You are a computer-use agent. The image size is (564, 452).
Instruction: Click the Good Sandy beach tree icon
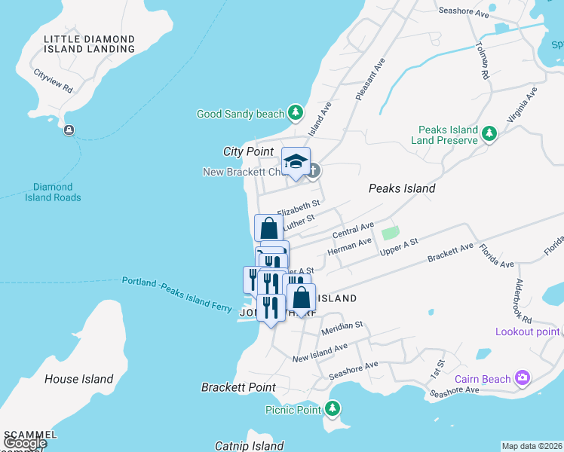tap(296, 114)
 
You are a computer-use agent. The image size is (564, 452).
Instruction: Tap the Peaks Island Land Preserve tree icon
tap(489, 134)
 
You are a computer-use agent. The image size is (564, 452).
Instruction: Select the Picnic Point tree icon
tap(332, 410)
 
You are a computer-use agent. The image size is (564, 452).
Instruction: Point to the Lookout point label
tap(527, 331)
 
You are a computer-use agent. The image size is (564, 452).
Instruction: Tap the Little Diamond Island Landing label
tap(89, 44)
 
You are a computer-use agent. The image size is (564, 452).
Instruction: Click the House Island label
tap(78, 379)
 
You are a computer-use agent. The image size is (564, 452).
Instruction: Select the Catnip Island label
tap(249, 446)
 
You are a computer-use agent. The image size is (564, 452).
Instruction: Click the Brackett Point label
tap(238, 387)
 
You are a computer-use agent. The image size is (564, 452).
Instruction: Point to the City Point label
tap(248, 151)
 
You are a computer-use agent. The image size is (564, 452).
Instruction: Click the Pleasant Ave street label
tap(372, 79)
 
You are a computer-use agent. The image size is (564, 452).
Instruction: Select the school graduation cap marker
tap(296, 160)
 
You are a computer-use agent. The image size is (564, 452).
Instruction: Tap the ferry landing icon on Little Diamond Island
tap(69, 130)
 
